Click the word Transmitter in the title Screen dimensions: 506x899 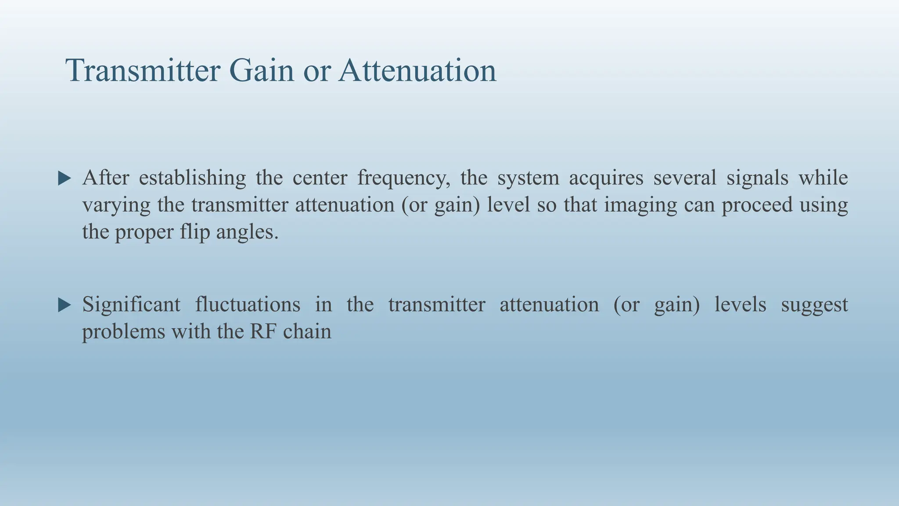point(143,70)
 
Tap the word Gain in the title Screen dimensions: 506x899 point(261,70)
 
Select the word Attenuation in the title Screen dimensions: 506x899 point(417,70)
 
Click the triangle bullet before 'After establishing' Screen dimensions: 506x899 point(65,178)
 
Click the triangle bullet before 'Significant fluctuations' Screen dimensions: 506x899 point(65,305)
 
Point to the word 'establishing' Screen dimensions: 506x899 point(192,178)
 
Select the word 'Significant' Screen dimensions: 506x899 point(131,305)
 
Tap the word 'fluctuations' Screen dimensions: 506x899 point(248,305)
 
